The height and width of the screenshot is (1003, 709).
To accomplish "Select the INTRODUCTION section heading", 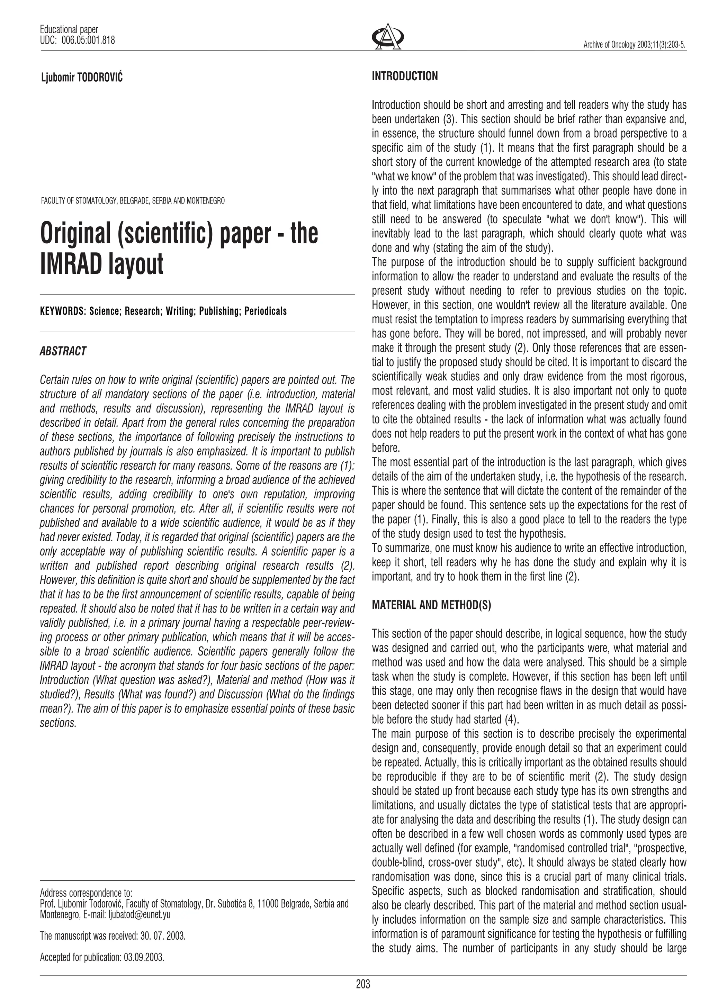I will tap(404, 76).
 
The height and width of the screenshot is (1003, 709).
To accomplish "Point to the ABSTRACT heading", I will tap(63, 351).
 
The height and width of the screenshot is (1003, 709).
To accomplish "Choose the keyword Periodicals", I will tap(266, 311).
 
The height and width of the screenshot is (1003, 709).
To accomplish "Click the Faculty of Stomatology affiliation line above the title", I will tap(133, 201).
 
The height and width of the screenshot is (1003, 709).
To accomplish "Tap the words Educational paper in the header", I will tap(69, 30).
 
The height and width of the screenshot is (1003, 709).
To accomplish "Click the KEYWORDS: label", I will tap(62, 311).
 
